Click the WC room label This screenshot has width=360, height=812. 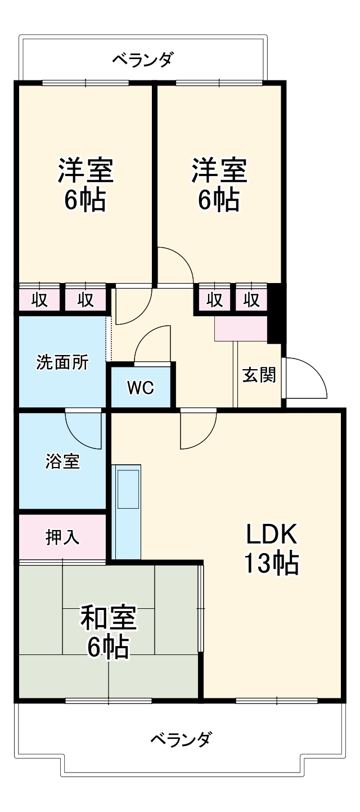click(x=140, y=388)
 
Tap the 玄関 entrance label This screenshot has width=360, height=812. click(x=259, y=375)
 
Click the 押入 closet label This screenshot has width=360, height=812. click(x=62, y=537)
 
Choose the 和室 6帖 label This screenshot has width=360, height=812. click(x=108, y=631)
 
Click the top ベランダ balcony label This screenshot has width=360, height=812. click(x=143, y=59)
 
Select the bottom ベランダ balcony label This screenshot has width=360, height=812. click(x=182, y=738)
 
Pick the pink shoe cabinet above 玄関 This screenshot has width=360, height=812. click(x=241, y=329)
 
